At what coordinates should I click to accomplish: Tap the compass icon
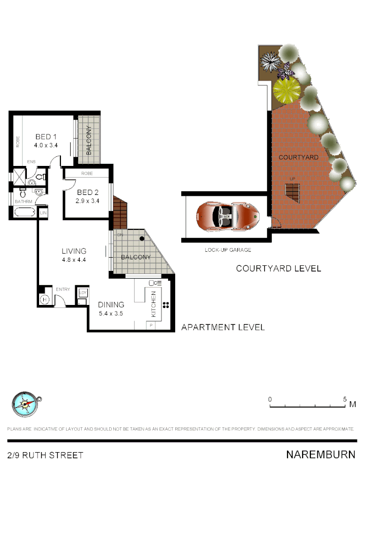coord(25,404)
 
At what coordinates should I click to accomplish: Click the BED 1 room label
coord(46,137)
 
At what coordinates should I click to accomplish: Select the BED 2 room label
coord(88,192)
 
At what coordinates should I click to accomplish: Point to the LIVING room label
coord(74,251)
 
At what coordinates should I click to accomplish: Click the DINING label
coord(111,304)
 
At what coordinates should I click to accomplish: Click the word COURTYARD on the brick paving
coord(299,157)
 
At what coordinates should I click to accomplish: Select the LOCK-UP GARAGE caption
coord(228,250)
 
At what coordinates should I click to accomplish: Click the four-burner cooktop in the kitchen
coord(166,305)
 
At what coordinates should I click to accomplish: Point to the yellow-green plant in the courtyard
coord(287,89)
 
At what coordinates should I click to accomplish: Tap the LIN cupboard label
coord(43,213)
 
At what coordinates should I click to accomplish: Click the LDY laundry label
coord(83,293)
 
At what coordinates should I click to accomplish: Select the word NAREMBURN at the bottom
coord(320,455)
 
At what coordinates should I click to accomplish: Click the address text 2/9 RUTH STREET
coord(45,455)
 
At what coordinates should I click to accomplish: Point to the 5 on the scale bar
coord(345,399)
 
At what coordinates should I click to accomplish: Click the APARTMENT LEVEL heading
coord(223,327)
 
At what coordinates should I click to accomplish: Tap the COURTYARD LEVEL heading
coord(278,268)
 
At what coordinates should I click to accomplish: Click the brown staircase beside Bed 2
coord(120,213)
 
